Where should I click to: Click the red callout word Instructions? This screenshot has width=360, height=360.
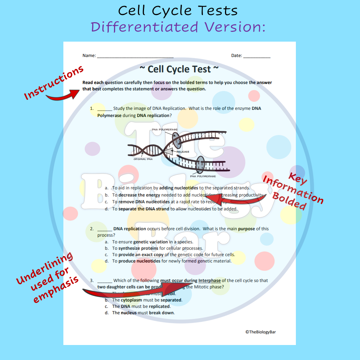[54, 83]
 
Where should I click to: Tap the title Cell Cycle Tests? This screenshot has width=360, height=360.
[178, 10]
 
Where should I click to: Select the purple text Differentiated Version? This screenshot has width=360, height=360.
[178, 27]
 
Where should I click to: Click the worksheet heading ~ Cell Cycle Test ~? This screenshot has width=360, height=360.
[179, 69]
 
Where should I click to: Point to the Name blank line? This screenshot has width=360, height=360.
[135, 56]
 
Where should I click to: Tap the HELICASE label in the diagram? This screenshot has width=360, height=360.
[183, 152]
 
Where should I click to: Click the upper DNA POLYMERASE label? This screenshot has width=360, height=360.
[165, 129]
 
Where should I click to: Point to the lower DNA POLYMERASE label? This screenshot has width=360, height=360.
[203, 176]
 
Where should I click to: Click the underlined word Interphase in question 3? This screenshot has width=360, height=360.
[209, 280]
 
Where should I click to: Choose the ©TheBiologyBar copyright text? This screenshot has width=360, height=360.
[263, 332]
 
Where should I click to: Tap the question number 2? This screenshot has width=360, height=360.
[91, 229]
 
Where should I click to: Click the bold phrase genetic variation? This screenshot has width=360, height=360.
[150, 242]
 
